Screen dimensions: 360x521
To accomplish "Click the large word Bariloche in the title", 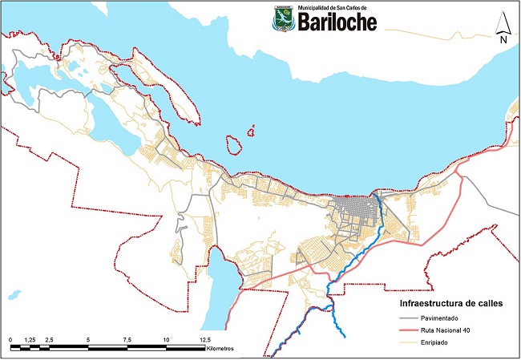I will pos(337,22).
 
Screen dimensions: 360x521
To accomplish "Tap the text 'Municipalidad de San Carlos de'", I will pos(332,7).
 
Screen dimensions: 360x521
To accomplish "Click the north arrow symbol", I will pos(503,22).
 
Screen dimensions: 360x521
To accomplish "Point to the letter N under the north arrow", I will pos(503,38).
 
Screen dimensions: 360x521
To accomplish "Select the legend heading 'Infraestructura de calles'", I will pos(451,305).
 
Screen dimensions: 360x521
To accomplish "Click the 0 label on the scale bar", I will pos(11,340).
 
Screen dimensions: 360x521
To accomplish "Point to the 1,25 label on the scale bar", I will pos(30,340).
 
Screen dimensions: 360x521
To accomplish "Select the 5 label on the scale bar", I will pos(88,340).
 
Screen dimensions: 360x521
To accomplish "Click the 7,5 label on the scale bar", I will pos(127,340).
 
